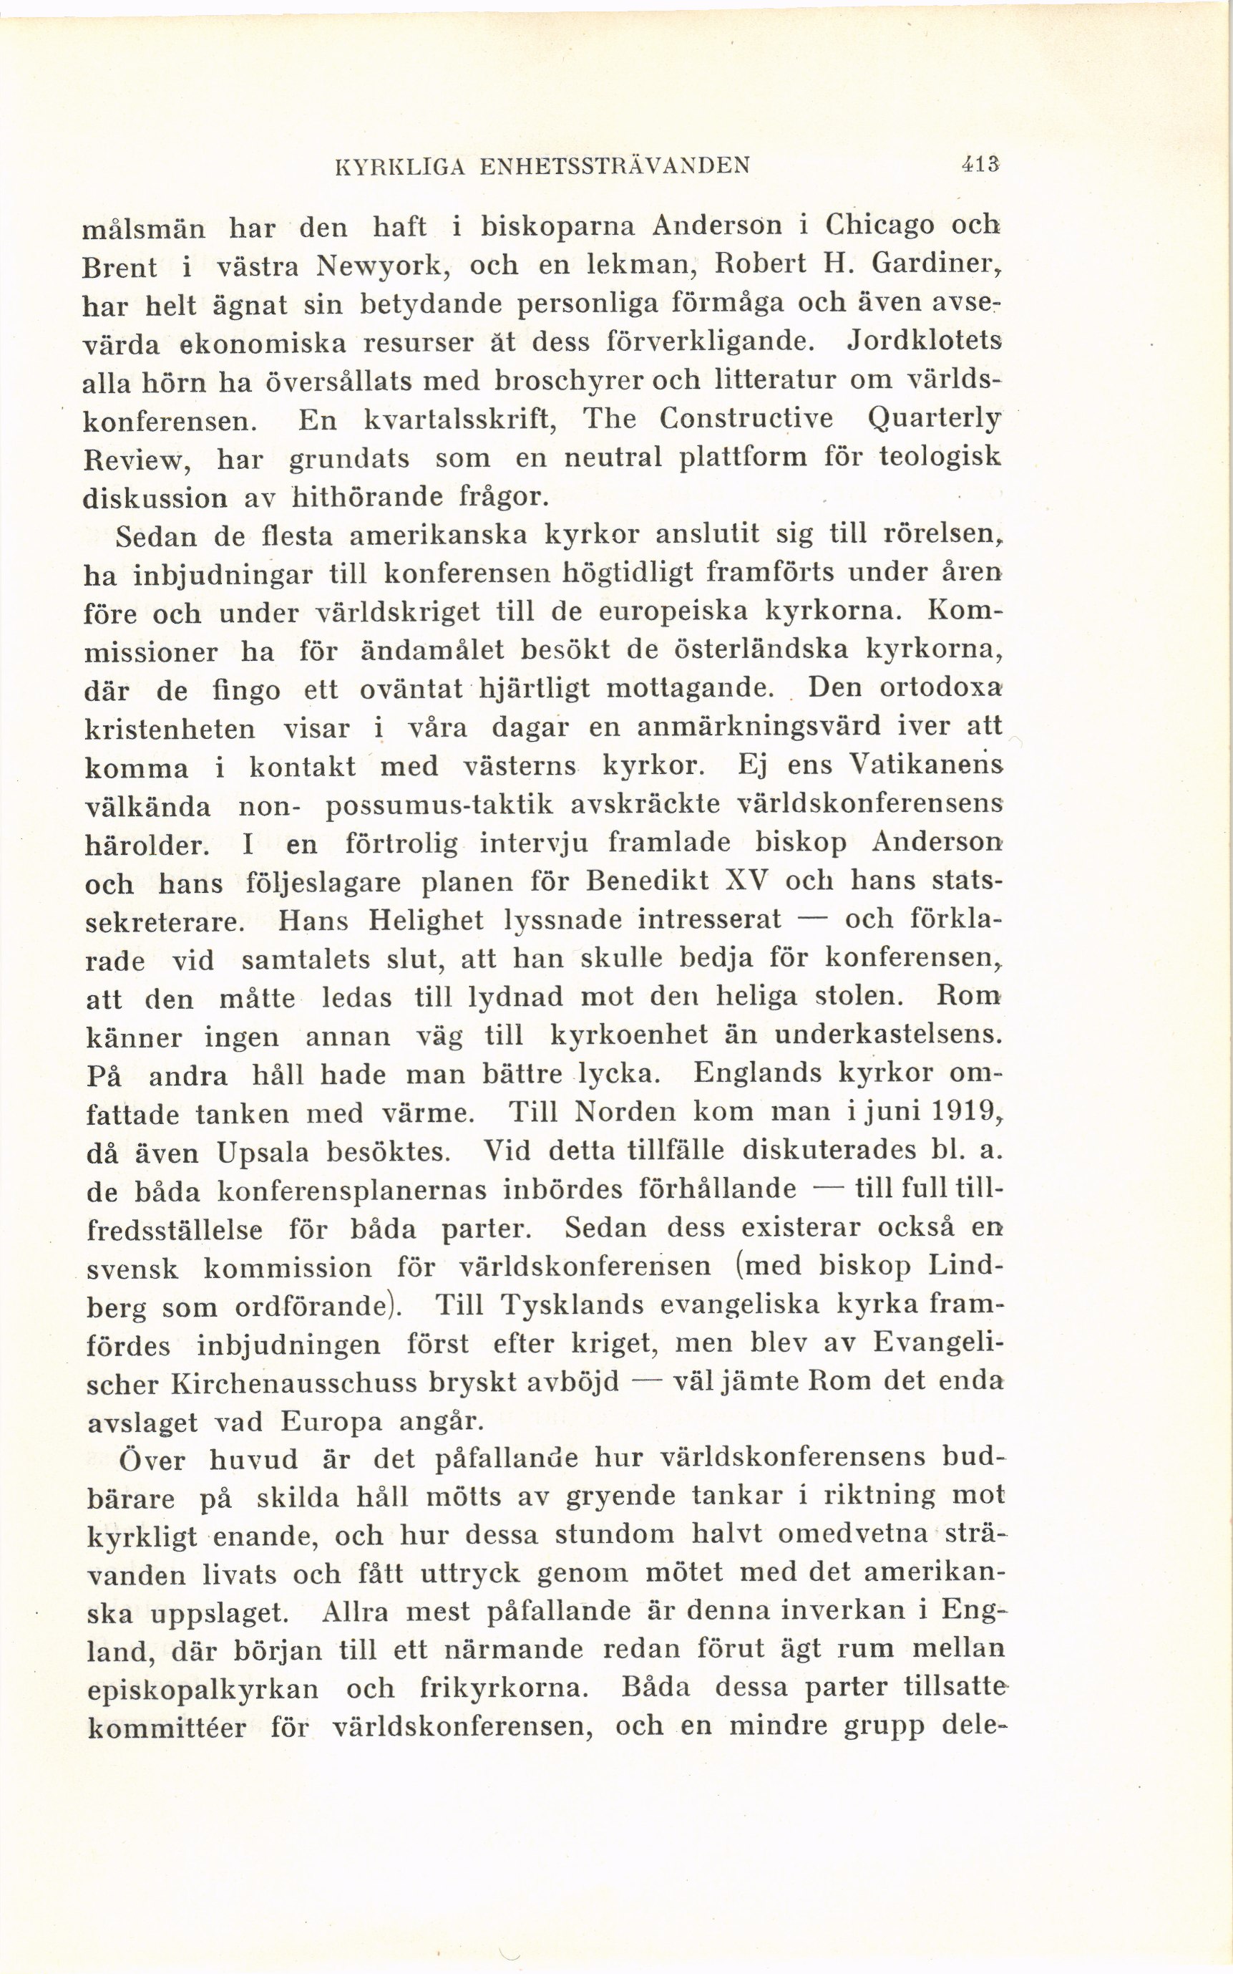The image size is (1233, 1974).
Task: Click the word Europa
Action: click(331, 1423)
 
